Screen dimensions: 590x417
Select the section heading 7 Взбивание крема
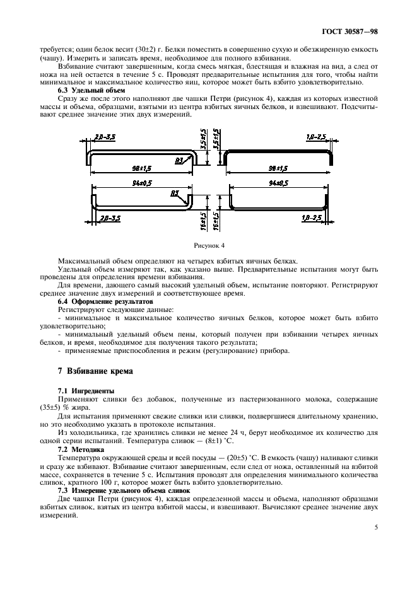pos(95,371)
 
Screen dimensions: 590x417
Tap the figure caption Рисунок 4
pos(209,243)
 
